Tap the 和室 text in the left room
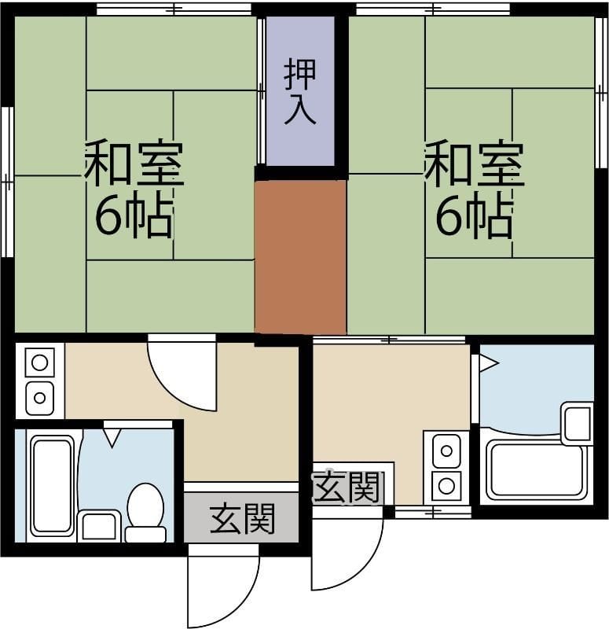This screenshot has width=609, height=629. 134,164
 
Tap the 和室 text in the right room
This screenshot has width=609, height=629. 474,164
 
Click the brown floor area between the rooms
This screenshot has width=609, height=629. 300,257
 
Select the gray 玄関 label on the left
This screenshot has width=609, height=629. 242,520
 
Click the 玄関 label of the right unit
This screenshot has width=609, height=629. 348,488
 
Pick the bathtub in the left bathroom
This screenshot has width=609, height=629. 52,485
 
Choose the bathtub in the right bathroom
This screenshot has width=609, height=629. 537,471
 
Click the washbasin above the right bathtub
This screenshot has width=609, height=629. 577,423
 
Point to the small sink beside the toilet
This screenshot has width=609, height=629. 99,526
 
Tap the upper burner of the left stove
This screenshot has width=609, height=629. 39,363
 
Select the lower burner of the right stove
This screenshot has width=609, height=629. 446,484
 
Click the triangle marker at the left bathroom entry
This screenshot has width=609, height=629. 112,436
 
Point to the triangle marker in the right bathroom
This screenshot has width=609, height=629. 487,363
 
